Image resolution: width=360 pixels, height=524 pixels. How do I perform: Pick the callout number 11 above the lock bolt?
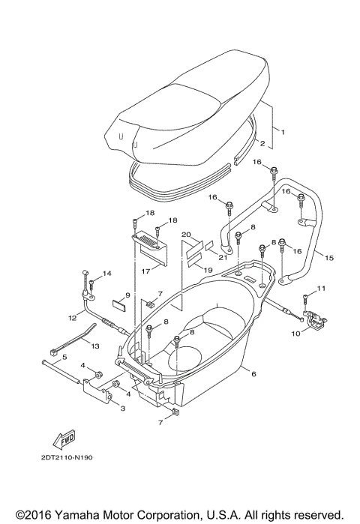(323, 288)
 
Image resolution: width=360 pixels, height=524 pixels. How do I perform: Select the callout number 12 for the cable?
(73, 317)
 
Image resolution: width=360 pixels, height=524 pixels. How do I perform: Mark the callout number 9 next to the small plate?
(127, 295)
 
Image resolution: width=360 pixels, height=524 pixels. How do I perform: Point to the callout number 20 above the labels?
(187, 234)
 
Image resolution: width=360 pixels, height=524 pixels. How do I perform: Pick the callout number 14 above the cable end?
(106, 274)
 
